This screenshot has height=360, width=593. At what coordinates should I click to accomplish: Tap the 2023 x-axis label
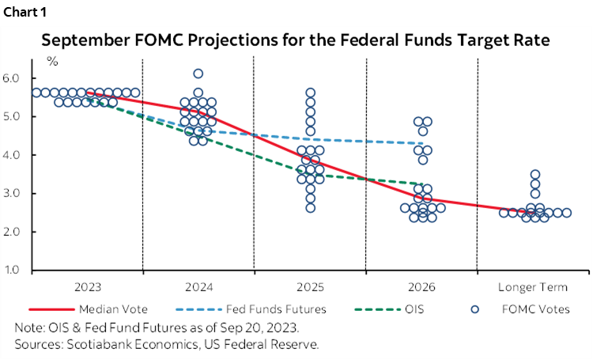click(87, 286)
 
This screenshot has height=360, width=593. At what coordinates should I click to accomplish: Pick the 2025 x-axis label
click(310, 286)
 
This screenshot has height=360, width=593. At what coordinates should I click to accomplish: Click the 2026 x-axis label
click(421, 286)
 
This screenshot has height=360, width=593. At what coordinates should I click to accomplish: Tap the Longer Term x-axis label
click(532, 286)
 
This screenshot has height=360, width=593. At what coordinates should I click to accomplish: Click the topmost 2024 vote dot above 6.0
click(198, 74)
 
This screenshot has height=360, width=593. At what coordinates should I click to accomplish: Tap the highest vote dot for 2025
click(311, 93)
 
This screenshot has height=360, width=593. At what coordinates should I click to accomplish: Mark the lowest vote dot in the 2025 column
click(311, 208)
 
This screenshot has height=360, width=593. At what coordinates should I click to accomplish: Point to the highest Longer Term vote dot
click(535, 174)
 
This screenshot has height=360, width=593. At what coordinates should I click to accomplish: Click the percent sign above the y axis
click(52, 60)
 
